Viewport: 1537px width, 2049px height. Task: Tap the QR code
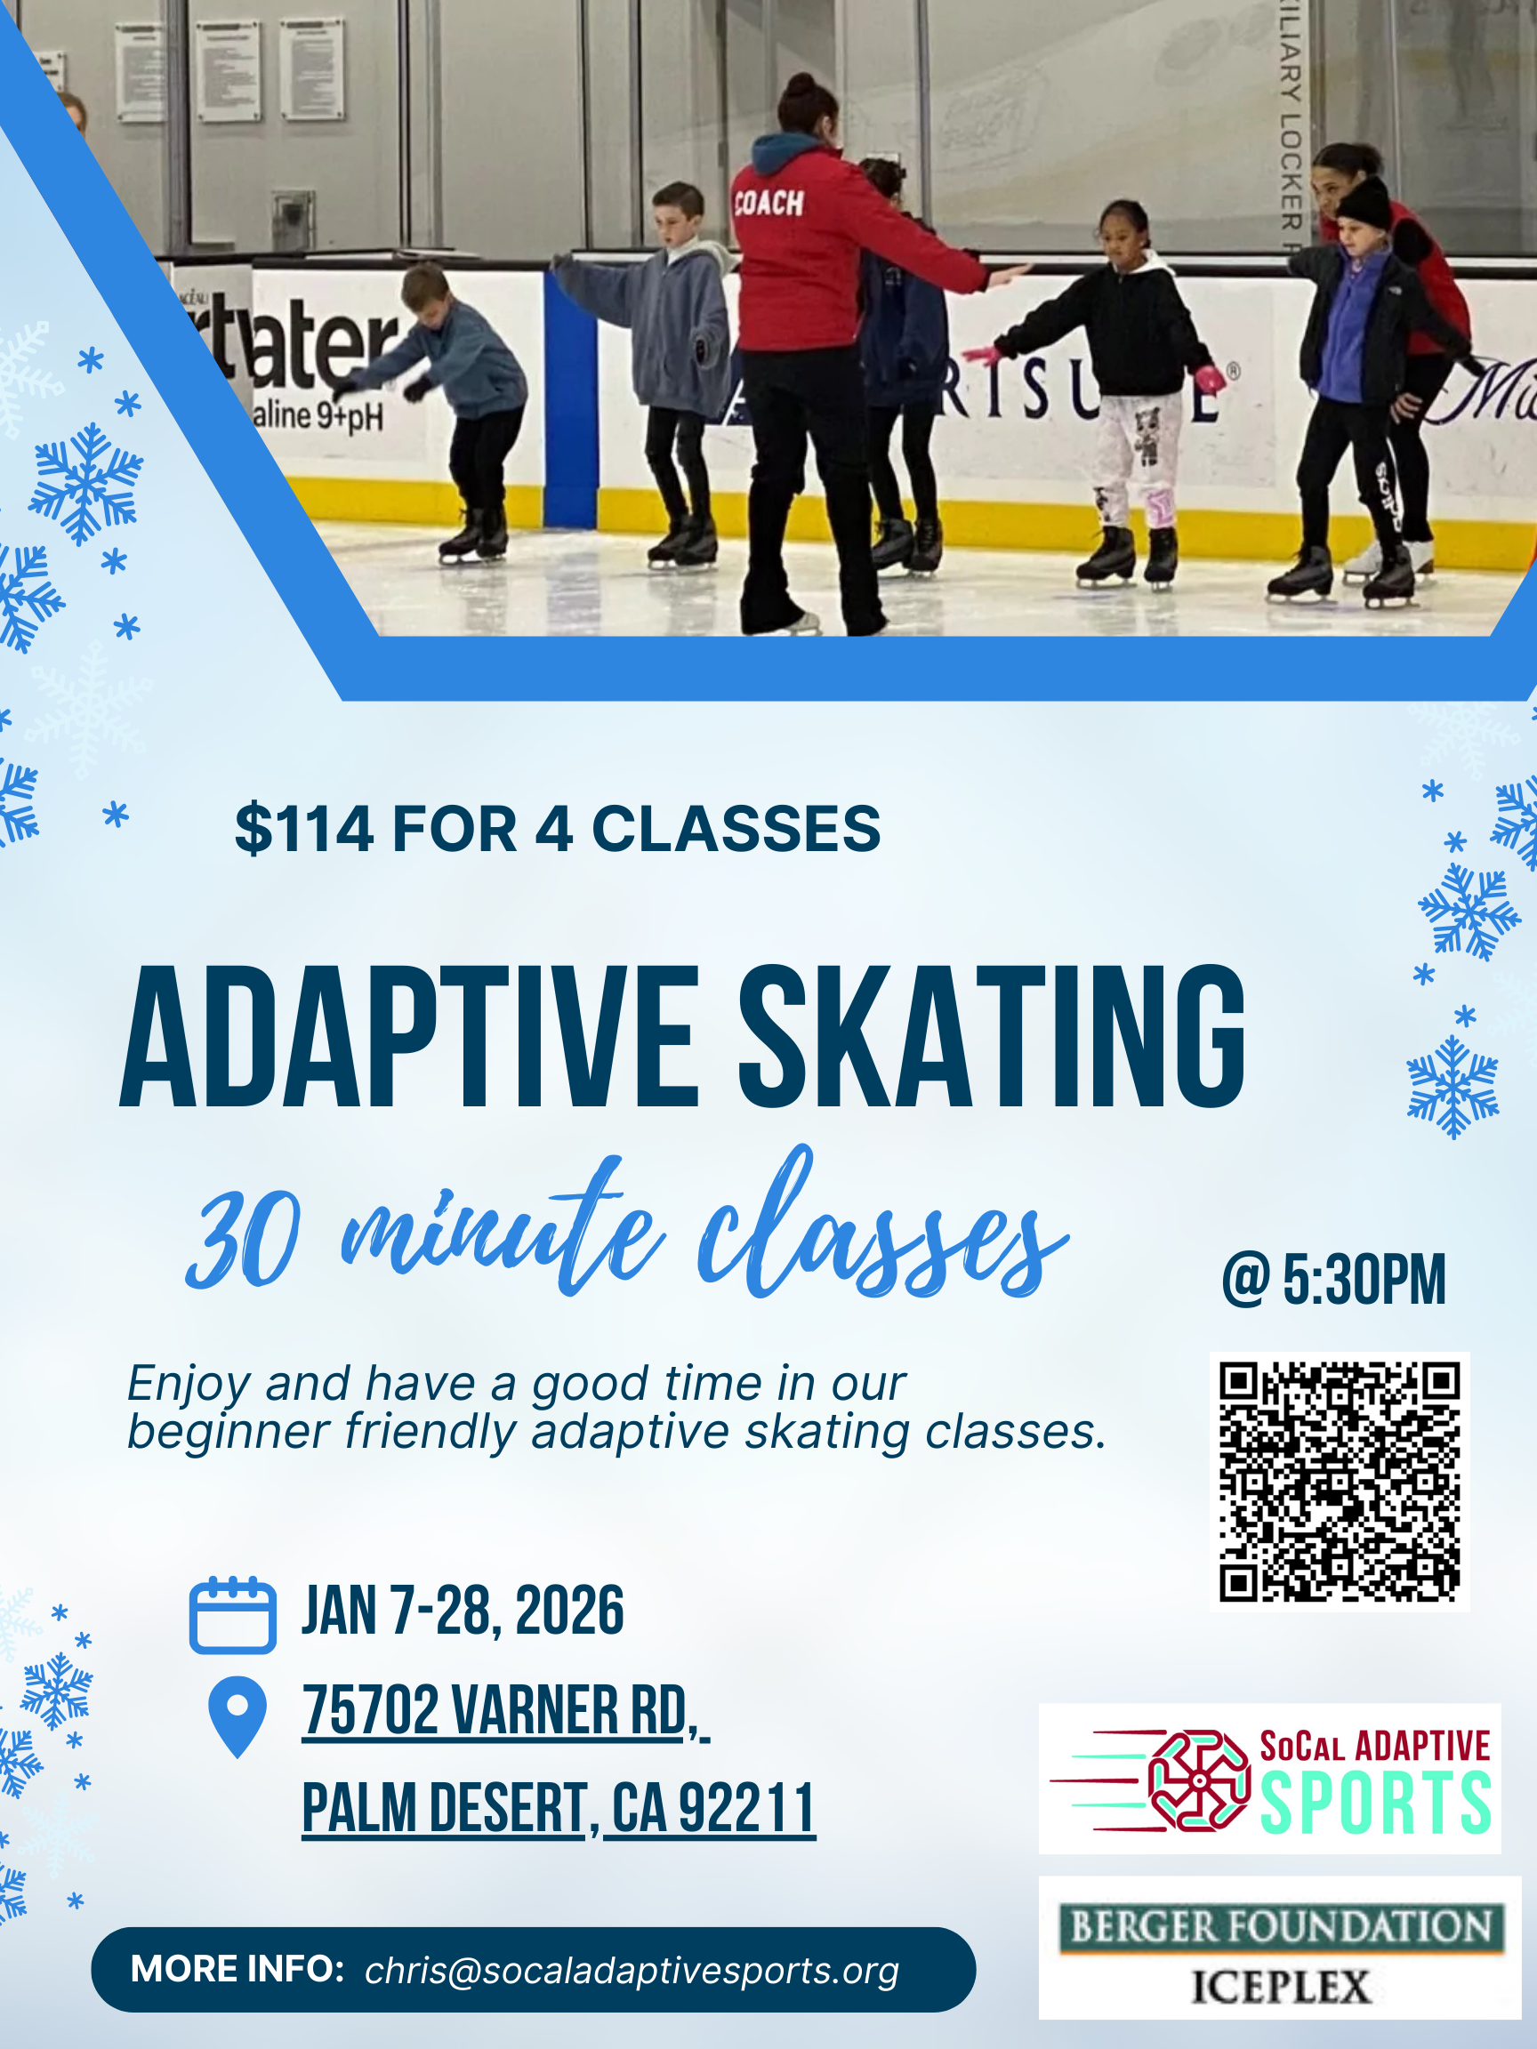(1339, 1482)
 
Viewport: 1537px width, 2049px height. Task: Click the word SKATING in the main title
(992, 1038)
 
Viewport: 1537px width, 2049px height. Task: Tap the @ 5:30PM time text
(1333, 1280)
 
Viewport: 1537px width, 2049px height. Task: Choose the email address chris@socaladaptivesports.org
(632, 1970)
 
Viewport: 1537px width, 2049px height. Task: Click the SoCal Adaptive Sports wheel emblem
(1198, 1780)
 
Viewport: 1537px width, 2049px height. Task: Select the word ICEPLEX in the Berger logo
(1280, 1987)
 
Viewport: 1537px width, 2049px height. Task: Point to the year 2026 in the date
(569, 1611)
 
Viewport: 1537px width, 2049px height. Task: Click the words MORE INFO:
(237, 1968)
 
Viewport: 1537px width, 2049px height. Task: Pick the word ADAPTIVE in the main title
(407, 1038)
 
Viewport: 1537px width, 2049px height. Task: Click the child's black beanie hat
(1364, 204)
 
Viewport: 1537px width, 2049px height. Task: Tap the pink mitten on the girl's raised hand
(1208, 379)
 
